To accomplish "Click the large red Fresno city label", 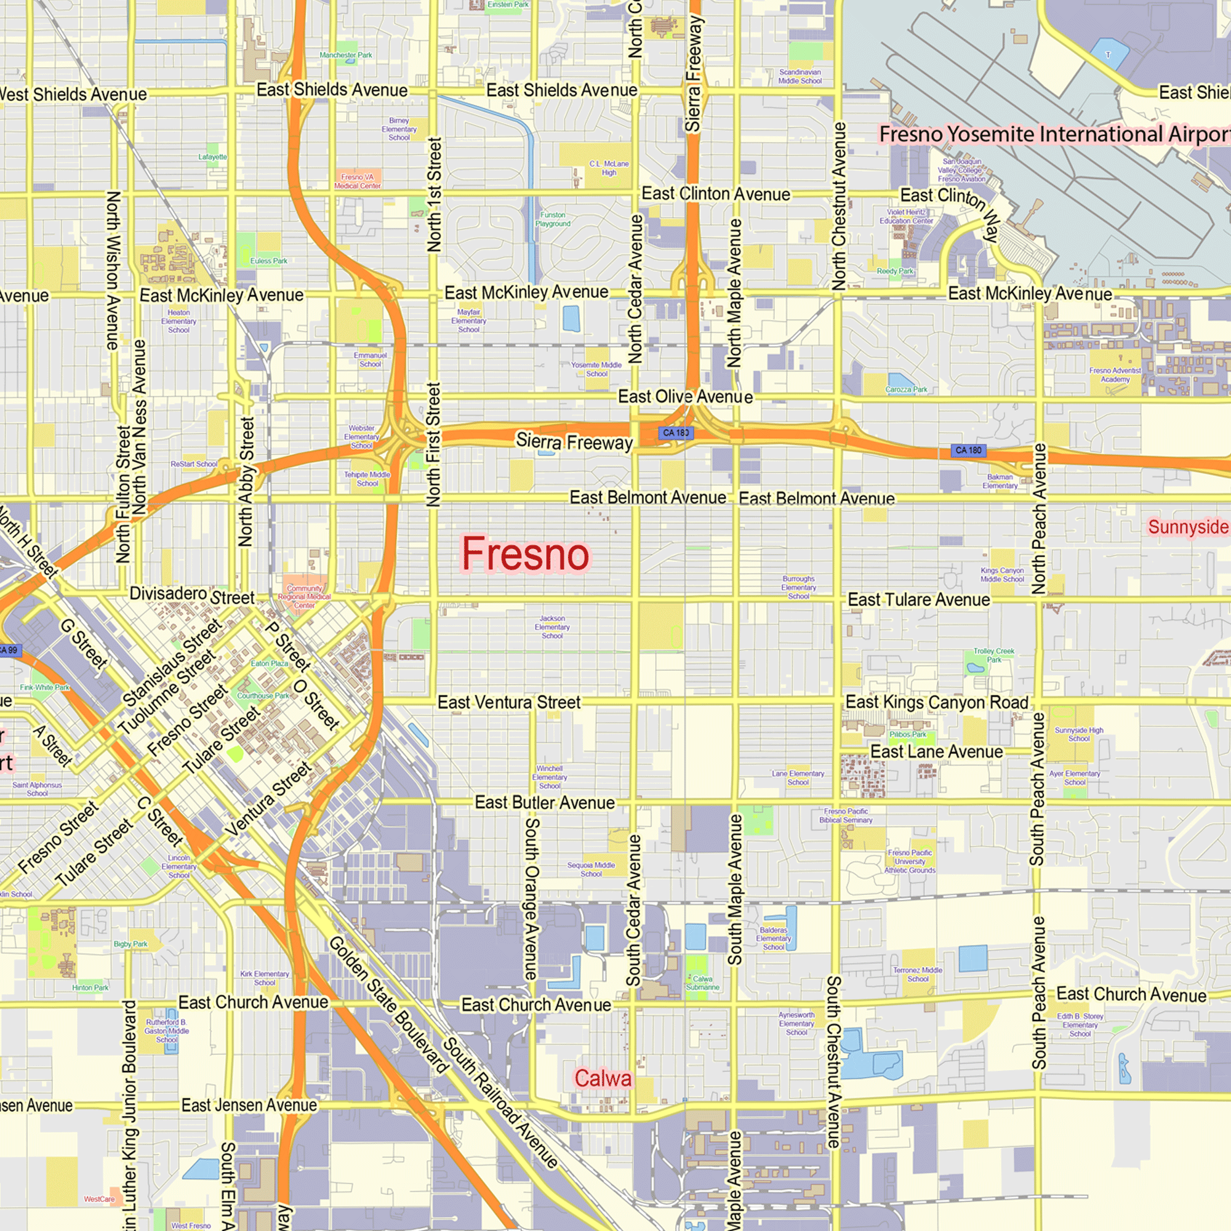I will point(526,554).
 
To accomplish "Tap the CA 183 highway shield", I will point(675,433).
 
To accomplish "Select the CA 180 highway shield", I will point(968,451).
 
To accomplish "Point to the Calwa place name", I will point(603,1078).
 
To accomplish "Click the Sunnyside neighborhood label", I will point(1188,527).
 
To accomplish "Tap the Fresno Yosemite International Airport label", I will point(1054,134).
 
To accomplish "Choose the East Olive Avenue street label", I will point(685,397).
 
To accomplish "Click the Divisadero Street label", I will point(192,595).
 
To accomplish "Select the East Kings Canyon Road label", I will point(937,702).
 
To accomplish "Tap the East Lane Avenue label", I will point(936,752).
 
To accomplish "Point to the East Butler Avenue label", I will point(545,803).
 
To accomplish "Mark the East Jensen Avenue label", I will point(249,1105).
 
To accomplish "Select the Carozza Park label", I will point(906,390).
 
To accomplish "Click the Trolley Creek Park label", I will point(993,655).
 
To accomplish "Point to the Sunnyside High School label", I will point(1079,734).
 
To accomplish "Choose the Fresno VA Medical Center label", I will point(358,181).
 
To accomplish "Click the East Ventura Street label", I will point(508,702).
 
